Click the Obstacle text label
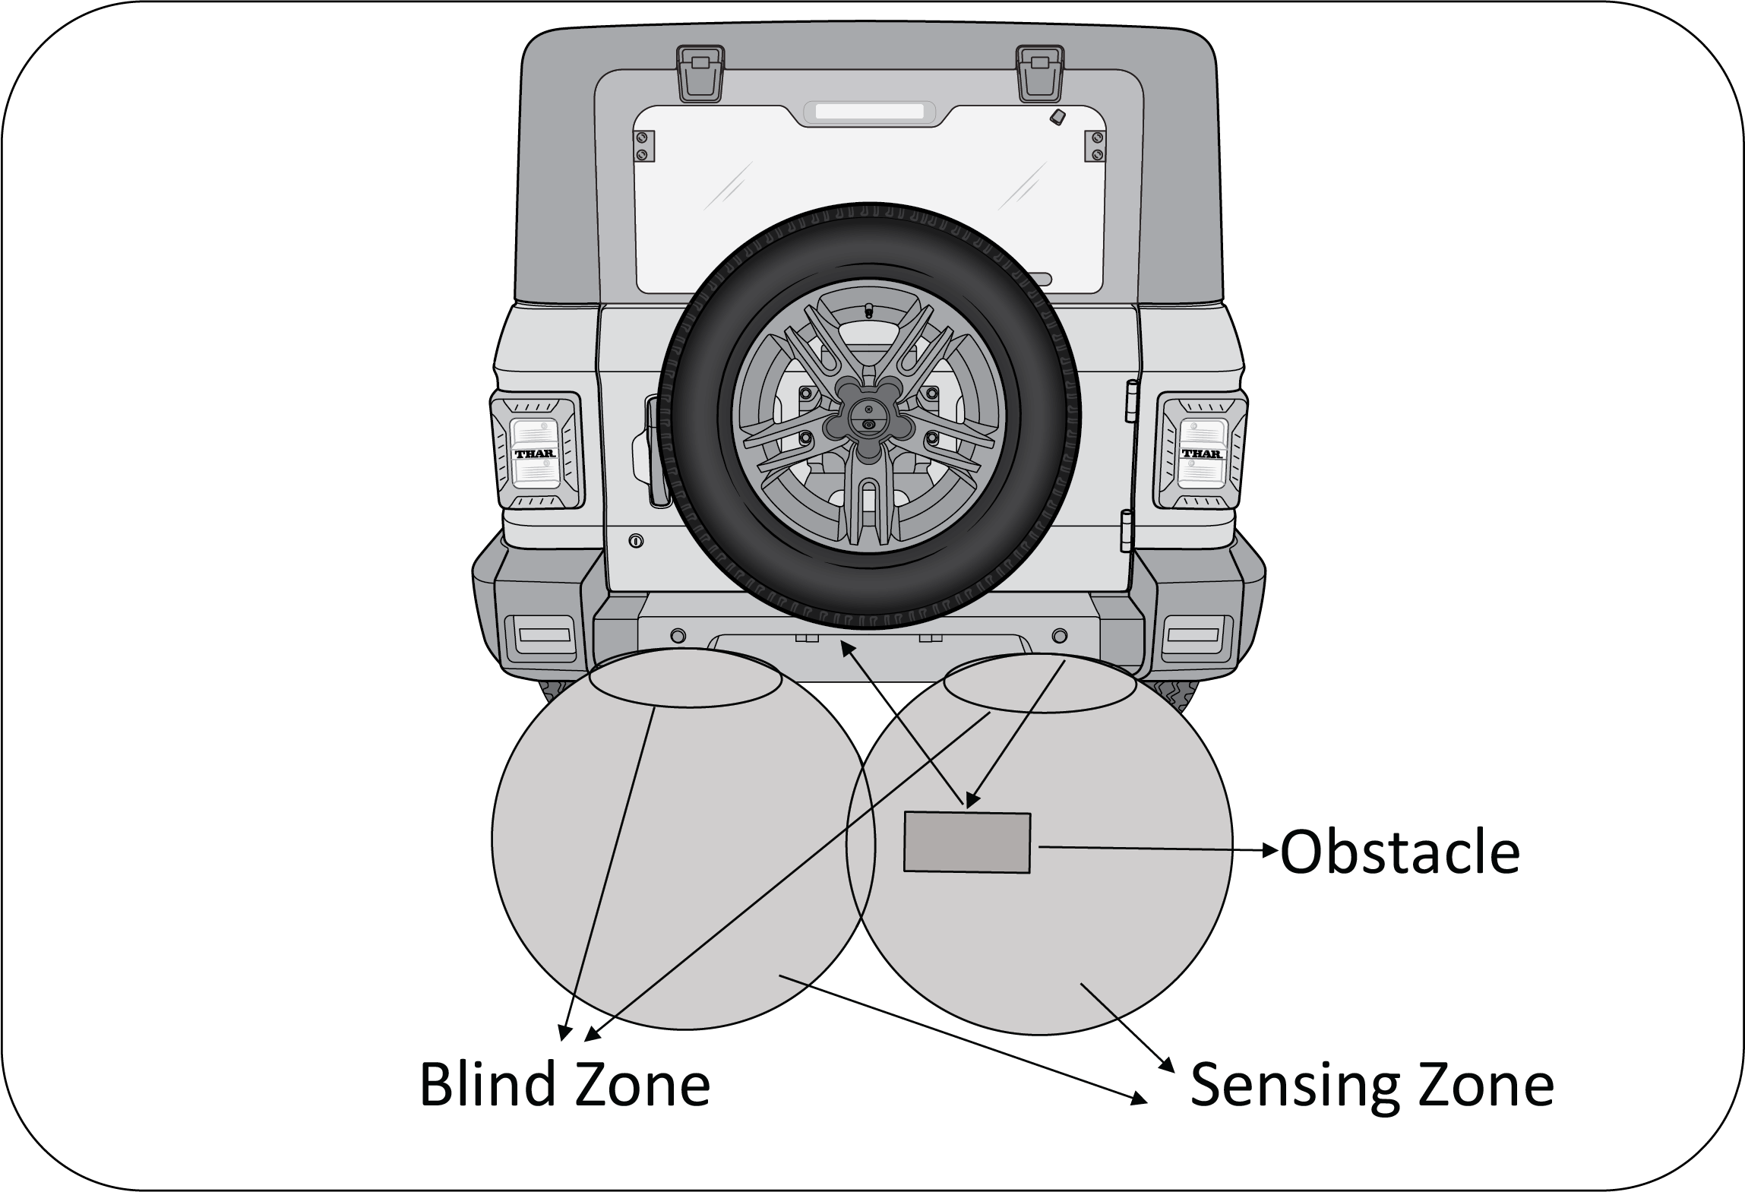pos(1399,852)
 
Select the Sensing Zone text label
pos(1371,1085)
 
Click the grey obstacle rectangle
pos(966,842)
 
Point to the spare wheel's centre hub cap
pos(869,419)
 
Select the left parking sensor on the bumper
pos(678,635)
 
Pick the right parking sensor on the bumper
pos(1059,635)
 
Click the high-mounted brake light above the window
pos(869,112)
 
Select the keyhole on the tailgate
pos(637,541)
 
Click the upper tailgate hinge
pos(1131,400)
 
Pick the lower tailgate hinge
pos(1128,530)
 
